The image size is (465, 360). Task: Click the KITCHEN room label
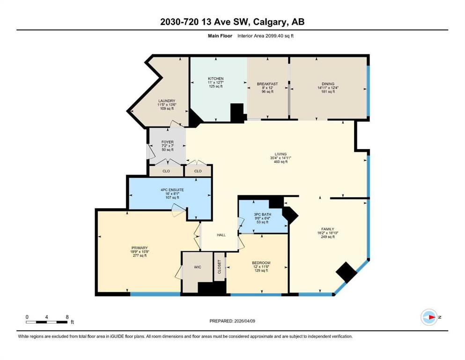215,79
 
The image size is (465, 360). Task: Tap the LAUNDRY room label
166,101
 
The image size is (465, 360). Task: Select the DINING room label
328,84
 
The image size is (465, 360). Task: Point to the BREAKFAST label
267,84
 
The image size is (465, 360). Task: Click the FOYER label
168,142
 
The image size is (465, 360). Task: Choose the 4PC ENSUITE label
172,190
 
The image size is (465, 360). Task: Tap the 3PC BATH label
262,214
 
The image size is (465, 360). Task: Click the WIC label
198,267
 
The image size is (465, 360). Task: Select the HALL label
221,235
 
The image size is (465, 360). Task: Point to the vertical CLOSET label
220,267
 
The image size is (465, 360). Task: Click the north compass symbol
429,317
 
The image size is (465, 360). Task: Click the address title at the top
232,22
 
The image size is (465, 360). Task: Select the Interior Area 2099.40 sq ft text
266,36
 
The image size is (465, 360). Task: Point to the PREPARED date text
232,321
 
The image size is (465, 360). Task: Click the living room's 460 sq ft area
280,162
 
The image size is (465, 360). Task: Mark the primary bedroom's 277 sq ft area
140,255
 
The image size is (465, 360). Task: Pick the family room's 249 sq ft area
328,237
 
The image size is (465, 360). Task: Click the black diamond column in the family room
346,272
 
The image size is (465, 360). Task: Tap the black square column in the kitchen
237,112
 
